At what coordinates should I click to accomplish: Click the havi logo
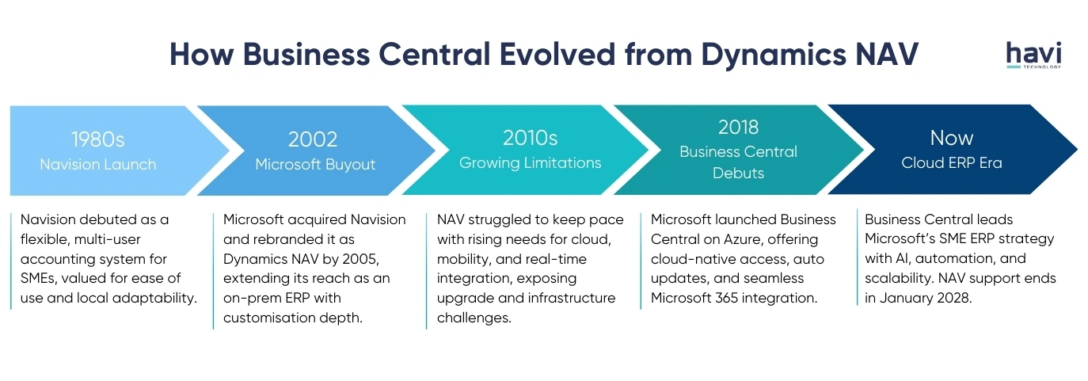[x=1033, y=55]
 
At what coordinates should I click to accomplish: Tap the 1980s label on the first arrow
[x=97, y=139]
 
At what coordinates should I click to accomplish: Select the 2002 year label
[x=313, y=139]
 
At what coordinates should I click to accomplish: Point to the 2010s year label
[x=530, y=138]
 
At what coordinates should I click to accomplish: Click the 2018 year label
[x=738, y=128]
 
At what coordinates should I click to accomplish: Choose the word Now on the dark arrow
[x=952, y=138]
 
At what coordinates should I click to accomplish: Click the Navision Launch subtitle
[x=98, y=164]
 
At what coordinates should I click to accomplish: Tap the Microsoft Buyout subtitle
[x=315, y=165]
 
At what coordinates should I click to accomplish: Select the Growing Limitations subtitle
[x=531, y=163]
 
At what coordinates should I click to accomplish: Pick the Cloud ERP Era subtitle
[x=952, y=163]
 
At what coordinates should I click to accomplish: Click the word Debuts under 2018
[x=738, y=173]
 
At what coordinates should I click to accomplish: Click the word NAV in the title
[x=887, y=54]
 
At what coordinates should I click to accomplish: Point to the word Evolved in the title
[x=557, y=54]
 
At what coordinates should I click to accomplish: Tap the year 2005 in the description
[x=360, y=259]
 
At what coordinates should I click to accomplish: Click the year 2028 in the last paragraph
[x=954, y=298]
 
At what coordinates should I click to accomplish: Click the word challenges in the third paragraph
[x=474, y=318]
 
